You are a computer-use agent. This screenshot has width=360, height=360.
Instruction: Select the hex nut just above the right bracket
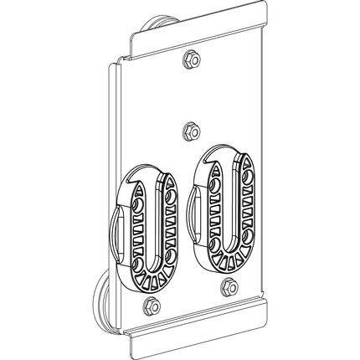coord(190,130)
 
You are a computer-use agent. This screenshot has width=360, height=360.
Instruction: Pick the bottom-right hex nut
coord(228,288)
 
